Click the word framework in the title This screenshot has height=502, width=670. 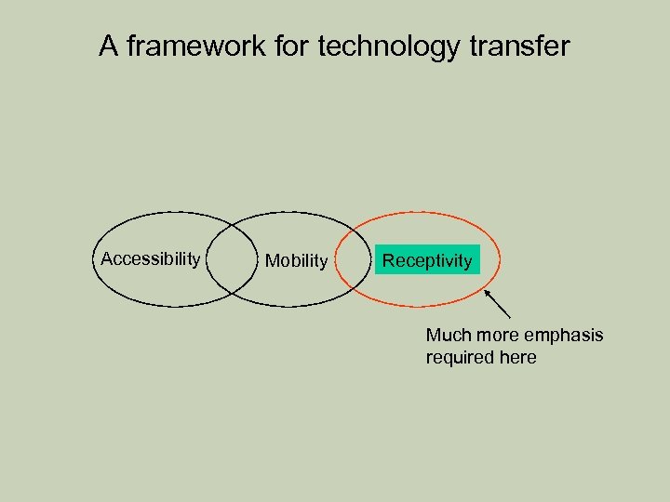[x=196, y=46]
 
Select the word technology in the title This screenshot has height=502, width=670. [x=389, y=46]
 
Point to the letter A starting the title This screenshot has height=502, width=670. [x=109, y=46]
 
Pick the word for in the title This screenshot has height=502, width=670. [x=292, y=46]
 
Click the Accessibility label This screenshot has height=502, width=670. [x=150, y=258]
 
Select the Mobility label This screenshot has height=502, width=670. [x=296, y=261]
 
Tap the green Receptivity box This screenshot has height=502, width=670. [x=427, y=260]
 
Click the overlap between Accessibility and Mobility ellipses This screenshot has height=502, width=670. [x=231, y=259]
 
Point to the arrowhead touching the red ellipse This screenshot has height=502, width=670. [x=487, y=292]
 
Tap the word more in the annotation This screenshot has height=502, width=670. [x=499, y=335]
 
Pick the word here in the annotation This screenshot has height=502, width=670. [x=517, y=357]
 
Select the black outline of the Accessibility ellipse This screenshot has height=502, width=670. [x=93, y=259]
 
